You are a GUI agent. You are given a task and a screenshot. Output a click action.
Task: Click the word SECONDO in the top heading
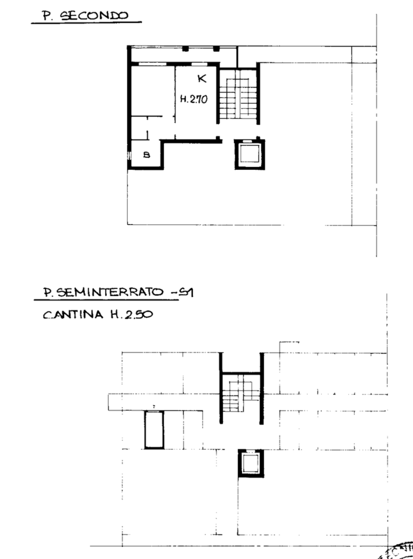pos(94,15)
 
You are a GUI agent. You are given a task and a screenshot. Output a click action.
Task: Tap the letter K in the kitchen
pos(202,78)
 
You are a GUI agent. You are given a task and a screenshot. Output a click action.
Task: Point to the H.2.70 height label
pos(194,99)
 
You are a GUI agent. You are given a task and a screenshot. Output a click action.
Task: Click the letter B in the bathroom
pos(146,155)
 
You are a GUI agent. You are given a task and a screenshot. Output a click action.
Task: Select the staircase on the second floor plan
pos(237,94)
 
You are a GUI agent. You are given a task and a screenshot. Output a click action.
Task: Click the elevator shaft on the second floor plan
pos(249,155)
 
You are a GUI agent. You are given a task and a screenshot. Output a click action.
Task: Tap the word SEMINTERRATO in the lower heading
pos(111,292)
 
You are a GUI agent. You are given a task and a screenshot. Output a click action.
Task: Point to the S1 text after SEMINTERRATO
pos(186,292)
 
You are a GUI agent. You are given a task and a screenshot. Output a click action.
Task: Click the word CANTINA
pos(73,315)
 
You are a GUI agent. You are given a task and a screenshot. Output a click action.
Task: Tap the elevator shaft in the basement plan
pos(251,464)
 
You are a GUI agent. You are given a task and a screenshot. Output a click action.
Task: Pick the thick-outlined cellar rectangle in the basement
pos(154,430)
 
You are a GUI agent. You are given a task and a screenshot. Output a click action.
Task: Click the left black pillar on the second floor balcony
pos(186,49)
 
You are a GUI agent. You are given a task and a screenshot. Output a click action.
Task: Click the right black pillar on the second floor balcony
pos(217,49)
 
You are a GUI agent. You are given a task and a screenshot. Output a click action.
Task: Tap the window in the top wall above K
pos(199,64)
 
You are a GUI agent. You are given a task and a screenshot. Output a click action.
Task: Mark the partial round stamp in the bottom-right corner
pos(397,551)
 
